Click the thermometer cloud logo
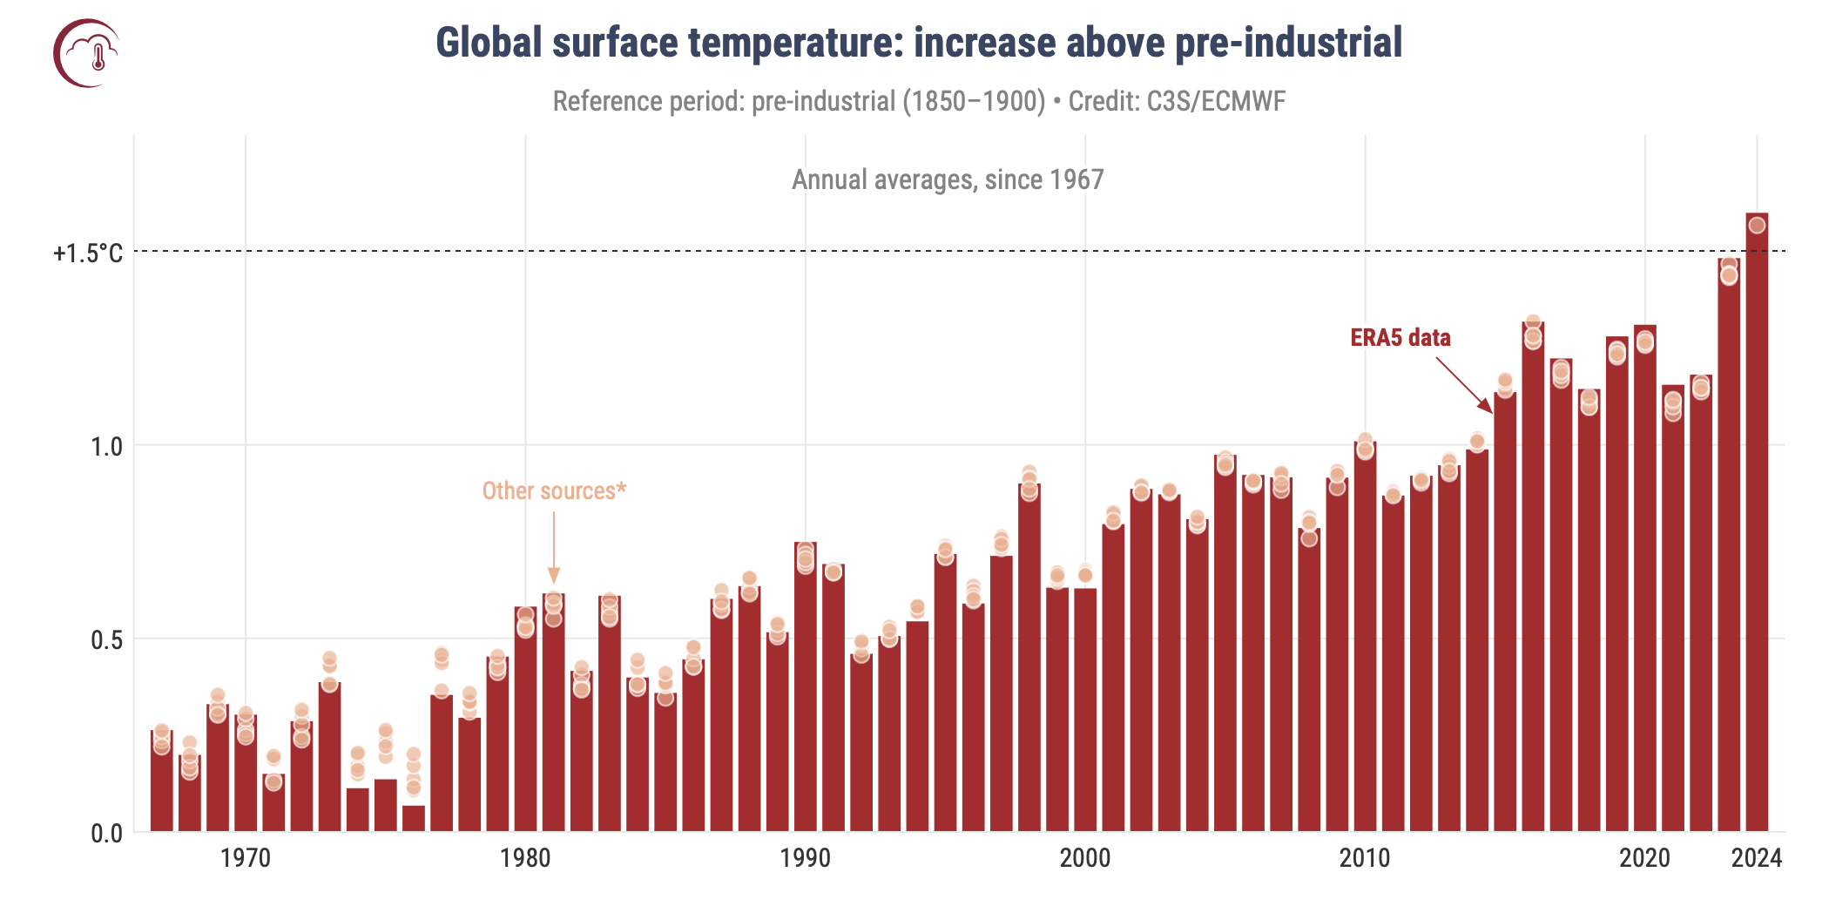tap(87, 53)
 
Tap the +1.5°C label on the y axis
tap(88, 253)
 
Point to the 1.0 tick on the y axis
tap(106, 447)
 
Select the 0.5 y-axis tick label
tap(106, 640)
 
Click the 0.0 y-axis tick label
tap(106, 834)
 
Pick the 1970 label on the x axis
tap(246, 858)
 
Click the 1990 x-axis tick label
tap(805, 858)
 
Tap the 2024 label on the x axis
tap(1757, 858)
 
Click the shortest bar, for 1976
tap(414, 818)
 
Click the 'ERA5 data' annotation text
tap(1400, 338)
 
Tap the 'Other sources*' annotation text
tap(554, 491)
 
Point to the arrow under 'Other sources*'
tap(554, 549)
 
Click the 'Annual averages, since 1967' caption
tap(948, 179)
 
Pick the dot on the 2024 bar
tap(1757, 226)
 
